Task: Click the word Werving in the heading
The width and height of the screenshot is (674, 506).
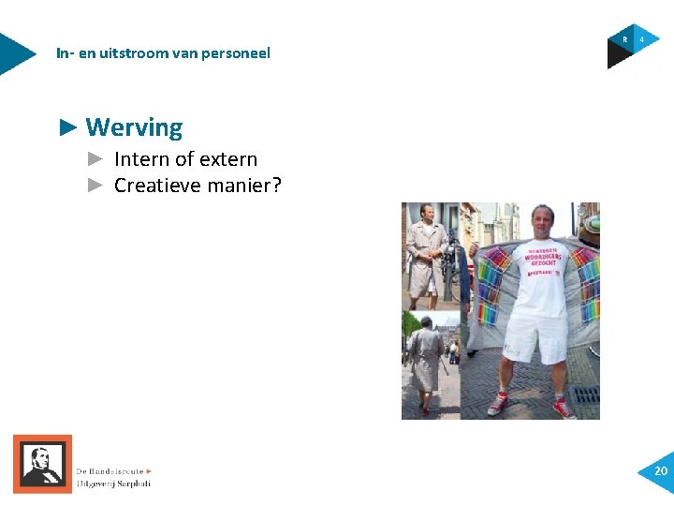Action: [134, 127]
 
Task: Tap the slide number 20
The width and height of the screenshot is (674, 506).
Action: [661, 470]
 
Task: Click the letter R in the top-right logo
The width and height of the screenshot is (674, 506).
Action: [624, 40]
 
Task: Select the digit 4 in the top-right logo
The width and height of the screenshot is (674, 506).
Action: [642, 40]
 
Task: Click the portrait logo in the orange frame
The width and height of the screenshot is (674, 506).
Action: [42, 464]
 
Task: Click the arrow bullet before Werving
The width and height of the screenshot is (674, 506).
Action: [66, 127]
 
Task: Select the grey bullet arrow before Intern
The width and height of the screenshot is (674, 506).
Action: [94, 159]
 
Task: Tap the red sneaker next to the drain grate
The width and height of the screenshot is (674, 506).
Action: [564, 408]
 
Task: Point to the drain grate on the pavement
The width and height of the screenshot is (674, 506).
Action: [586, 394]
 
